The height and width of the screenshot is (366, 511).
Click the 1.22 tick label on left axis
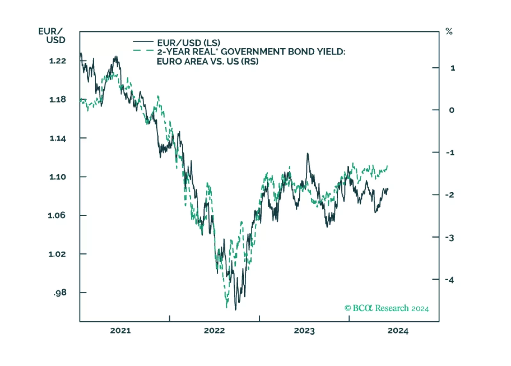point(58,61)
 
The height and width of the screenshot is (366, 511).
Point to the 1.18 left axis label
point(58,99)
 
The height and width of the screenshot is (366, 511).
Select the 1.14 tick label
point(58,138)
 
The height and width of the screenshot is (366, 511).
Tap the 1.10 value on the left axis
point(58,177)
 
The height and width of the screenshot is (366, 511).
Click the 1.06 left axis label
point(57,215)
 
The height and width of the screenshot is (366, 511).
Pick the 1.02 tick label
point(57,254)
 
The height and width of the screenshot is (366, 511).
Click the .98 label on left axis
point(60,293)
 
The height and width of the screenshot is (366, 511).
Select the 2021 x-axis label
point(121,330)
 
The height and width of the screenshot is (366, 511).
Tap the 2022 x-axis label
point(214,330)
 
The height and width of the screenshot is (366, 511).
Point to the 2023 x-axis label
point(304,330)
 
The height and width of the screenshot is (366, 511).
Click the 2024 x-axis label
point(398,330)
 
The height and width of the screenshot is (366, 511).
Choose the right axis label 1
point(452,68)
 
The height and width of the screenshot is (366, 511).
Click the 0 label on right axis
point(452,110)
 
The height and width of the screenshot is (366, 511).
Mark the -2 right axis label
point(450,195)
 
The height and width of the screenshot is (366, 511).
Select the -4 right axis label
point(450,280)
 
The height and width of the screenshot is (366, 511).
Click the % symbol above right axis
point(449,32)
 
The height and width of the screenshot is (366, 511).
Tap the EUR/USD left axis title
point(52,36)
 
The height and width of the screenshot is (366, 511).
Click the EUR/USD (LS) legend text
point(189,43)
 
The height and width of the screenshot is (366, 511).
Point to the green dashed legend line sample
point(143,51)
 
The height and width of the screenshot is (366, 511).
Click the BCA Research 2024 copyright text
point(387,308)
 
